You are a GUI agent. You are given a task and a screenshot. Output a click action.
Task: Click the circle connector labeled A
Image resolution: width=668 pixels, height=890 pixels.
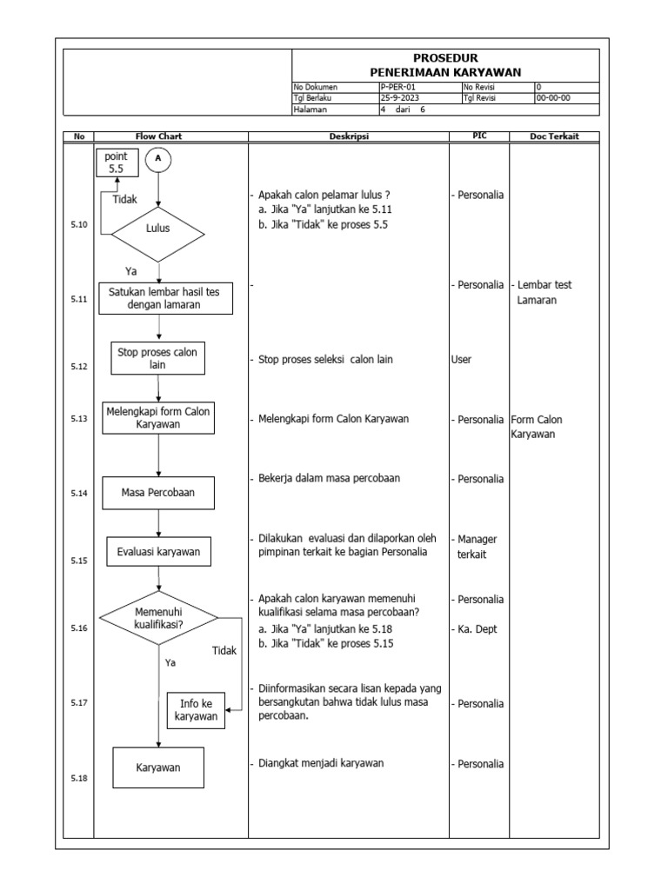click(158, 160)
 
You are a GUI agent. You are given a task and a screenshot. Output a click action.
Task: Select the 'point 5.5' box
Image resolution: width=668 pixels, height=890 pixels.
click(117, 163)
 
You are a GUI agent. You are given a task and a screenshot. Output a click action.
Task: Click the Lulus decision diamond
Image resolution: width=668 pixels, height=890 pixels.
click(158, 229)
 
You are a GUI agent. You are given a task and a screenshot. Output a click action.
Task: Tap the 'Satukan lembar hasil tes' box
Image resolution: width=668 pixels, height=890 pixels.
click(165, 298)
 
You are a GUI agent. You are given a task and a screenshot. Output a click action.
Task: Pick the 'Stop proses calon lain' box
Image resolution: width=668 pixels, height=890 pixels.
click(157, 358)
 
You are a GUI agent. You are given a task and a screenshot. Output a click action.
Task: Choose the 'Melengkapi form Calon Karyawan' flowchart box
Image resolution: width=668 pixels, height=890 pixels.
click(157, 418)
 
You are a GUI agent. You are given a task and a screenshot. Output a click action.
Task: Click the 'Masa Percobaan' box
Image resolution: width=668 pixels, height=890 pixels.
click(158, 493)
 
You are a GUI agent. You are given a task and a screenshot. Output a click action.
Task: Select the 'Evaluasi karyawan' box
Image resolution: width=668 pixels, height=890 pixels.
click(158, 550)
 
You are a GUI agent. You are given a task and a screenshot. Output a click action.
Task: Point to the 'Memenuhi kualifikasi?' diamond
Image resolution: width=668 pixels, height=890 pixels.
click(158, 618)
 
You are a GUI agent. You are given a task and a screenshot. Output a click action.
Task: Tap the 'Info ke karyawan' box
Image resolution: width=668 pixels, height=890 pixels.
click(196, 710)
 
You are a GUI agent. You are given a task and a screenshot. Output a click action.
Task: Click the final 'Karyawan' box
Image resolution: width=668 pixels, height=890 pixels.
click(158, 767)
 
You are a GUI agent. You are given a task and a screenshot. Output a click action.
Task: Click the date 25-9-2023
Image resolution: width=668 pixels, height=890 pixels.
click(400, 98)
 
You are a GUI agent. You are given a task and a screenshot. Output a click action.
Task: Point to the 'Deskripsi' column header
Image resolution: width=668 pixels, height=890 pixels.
click(349, 136)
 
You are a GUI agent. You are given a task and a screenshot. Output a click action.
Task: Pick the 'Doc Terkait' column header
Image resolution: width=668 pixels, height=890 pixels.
click(554, 136)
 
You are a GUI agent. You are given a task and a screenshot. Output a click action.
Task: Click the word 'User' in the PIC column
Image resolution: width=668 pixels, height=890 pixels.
click(461, 359)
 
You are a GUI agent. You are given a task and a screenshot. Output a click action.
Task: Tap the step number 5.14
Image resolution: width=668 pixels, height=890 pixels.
click(79, 494)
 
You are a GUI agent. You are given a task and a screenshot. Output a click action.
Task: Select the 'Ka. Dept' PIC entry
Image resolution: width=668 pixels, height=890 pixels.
click(477, 629)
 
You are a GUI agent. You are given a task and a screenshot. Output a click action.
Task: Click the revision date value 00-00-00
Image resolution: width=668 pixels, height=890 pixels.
click(554, 98)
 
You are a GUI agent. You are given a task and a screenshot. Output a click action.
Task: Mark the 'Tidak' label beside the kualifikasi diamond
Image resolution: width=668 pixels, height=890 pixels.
click(224, 650)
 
